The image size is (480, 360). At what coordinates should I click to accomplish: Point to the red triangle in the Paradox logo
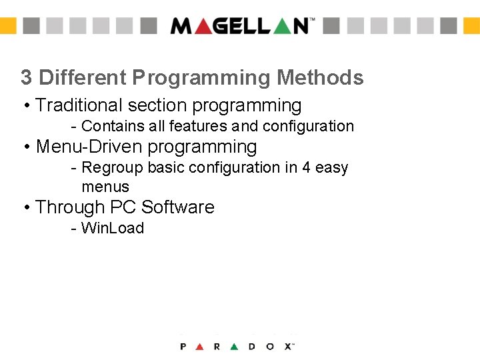[200, 347]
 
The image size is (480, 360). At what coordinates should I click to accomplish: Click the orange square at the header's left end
[7, 25]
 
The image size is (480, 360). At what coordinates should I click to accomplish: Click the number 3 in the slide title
[26, 78]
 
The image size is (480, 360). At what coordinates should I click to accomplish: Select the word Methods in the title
[320, 78]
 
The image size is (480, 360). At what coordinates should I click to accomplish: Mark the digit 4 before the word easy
[307, 167]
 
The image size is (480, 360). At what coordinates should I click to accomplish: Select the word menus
[105, 187]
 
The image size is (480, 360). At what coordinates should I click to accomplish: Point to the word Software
[178, 207]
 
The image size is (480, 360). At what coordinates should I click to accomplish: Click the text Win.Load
[112, 228]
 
